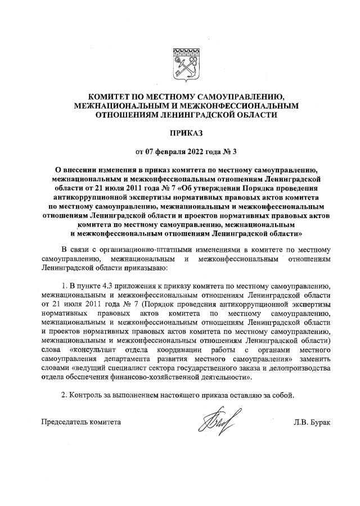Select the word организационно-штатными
(134, 249)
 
